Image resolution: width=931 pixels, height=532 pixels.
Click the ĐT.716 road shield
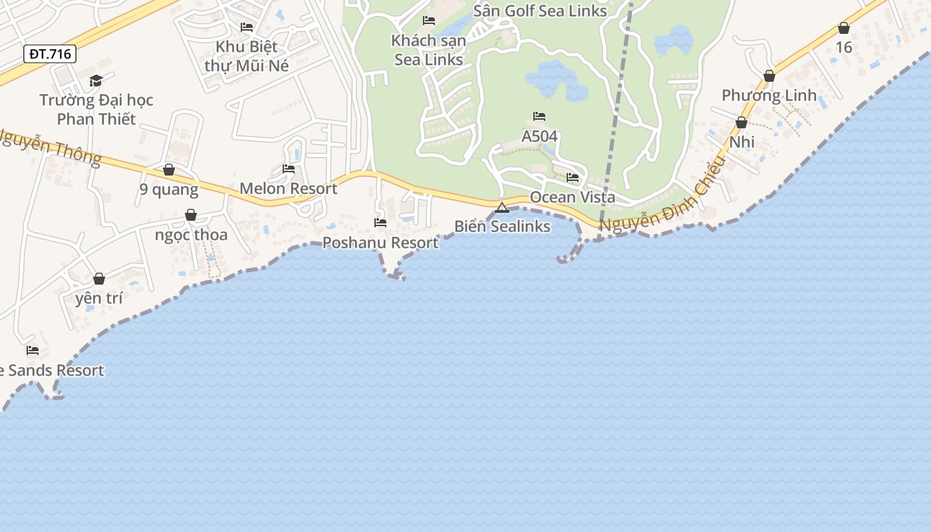tap(50, 54)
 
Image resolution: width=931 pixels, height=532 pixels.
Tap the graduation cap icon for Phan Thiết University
tap(96, 81)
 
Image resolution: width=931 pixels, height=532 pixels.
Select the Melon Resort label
tap(289, 188)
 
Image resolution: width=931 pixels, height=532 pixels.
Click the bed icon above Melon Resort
tap(289, 169)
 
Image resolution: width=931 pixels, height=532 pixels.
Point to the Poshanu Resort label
tap(380, 243)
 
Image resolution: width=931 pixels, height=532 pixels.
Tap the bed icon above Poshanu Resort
tap(380, 223)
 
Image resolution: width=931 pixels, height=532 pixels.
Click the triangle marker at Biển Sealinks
tap(502, 207)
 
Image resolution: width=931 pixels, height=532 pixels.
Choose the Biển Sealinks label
tap(502, 226)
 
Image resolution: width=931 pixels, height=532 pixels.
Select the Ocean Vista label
tap(573, 198)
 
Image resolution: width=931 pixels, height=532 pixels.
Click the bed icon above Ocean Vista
tap(573, 178)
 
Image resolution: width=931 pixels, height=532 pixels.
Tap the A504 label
tap(539, 136)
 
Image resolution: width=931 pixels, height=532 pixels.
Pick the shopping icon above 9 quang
tap(169, 170)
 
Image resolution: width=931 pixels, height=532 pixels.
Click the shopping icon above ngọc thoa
tap(191, 215)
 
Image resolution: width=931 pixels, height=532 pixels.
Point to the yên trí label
tap(99, 298)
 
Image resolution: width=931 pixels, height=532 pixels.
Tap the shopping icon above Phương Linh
tap(769, 76)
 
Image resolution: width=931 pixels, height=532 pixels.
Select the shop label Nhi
tap(741, 142)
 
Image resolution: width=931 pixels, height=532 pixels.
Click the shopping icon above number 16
tap(844, 28)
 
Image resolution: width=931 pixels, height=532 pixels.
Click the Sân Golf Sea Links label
tap(540, 11)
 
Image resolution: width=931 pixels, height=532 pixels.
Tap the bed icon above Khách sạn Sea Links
tap(429, 21)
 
